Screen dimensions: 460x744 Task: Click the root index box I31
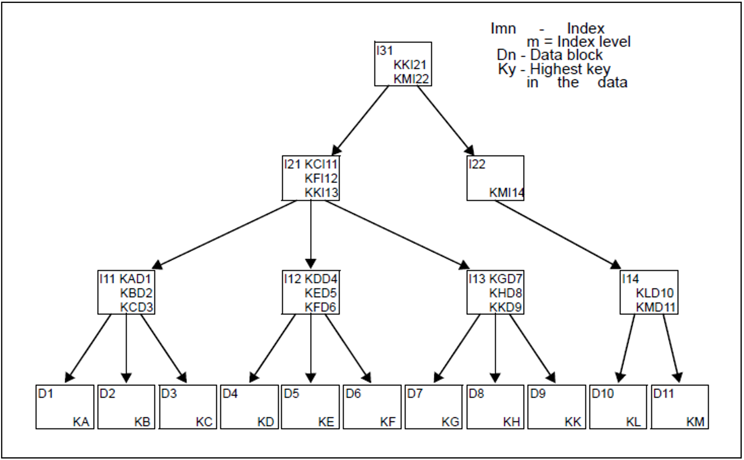[x=403, y=64]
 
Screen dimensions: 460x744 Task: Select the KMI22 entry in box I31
[x=411, y=79]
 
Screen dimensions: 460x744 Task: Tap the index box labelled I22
[x=495, y=178]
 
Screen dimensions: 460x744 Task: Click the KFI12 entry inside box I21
[x=321, y=178]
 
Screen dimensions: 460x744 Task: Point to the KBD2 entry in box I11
[x=136, y=293]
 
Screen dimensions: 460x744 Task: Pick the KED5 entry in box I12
[x=320, y=293]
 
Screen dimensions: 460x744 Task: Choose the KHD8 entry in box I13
[x=505, y=293]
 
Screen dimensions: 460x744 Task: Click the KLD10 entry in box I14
[x=654, y=293]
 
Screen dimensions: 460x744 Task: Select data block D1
[x=65, y=407]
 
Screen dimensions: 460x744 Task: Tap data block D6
[x=372, y=407]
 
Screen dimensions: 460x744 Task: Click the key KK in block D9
[x=573, y=422]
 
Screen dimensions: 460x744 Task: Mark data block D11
[x=679, y=407]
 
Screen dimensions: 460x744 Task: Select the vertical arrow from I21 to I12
[x=311, y=233]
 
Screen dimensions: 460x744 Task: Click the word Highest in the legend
[x=556, y=69]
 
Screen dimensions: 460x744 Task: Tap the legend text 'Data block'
[x=566, y=55]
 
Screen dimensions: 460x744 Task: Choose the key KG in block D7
[x=450, y=422]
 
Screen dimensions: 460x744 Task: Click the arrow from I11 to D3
[x=163, y=348]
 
